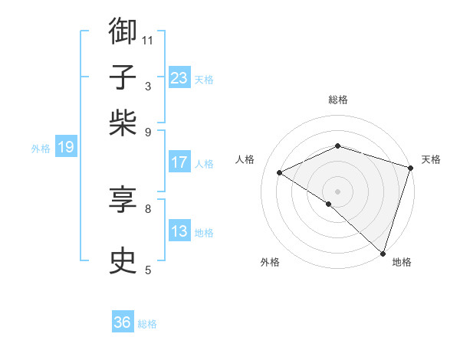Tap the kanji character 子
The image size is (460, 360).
123,77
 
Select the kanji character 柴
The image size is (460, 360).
123,123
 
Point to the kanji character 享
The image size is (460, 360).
123,200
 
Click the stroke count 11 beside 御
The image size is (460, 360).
148,40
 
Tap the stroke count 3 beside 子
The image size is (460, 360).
148,86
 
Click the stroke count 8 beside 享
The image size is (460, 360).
148,208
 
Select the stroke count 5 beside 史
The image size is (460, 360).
148,270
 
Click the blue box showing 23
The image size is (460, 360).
179,77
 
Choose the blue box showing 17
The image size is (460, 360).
179,162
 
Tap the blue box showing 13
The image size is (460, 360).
179,231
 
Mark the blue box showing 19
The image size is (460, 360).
65,147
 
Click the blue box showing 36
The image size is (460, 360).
123,322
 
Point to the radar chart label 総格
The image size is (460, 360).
338,100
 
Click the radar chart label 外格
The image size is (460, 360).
270,262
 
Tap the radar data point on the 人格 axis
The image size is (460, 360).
280,172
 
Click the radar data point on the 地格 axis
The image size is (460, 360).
383,252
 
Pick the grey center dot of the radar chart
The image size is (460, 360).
338,191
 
